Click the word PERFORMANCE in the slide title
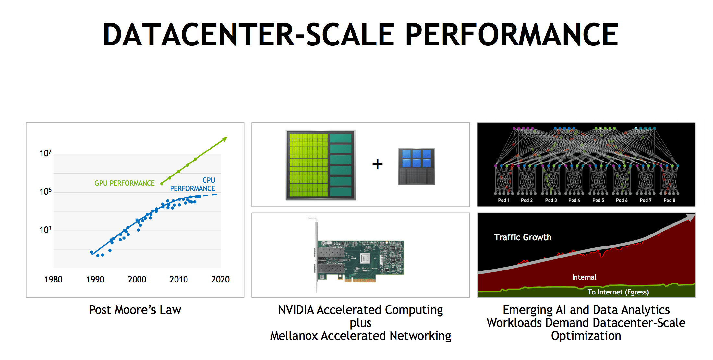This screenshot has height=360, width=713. tap(512, 34)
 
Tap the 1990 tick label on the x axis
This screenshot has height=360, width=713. tap(95, 279)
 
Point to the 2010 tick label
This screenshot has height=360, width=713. tap(179, 279)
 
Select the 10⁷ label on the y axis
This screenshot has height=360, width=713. tap(45, 153)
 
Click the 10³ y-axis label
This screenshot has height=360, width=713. tap(45, 230)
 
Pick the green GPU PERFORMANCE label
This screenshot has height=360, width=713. tap(125, 183)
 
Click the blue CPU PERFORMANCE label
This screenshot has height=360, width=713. tap(193, 184)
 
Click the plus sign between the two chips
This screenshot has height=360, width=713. tap(377, 164)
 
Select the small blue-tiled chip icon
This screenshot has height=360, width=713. tap(417, 166)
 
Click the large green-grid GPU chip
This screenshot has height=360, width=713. tap(321, 165)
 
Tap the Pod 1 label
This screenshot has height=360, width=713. tap(504, 200)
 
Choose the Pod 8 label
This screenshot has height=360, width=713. tap(669, 200)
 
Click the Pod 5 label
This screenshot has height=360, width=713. tap(598, 200)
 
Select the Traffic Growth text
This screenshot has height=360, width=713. tap(523, 237)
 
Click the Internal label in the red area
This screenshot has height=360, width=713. tap(584, 277)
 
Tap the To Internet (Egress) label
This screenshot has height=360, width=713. tap(618, 292)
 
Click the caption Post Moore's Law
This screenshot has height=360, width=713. tap(135, 310)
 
